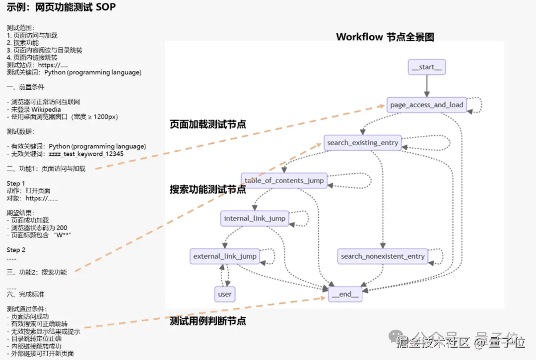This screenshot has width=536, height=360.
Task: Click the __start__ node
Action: click(x=426, y=67)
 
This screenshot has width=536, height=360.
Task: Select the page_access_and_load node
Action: click(x=426, y=105)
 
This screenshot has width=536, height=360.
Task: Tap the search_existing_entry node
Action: click(x=362, y=143)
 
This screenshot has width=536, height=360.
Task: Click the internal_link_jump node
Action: click(x=255, y=218)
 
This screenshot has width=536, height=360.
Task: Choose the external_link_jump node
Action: click(x=225, y=256)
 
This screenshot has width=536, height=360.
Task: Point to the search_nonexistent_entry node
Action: click(x=383, y=256)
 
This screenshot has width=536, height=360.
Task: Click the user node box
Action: click(x=225, y=294)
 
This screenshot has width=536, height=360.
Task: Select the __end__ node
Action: click(x=345, y=294)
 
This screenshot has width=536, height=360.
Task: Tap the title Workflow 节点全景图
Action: click(x=385, y=37)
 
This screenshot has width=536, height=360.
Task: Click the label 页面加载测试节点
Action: click(x=208, y=124)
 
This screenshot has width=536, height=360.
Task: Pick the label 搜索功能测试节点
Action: click(x=208, y=189)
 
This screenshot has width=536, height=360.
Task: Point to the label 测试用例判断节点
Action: click(x=208, y=321)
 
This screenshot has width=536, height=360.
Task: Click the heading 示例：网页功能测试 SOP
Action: click(x=61, y=7)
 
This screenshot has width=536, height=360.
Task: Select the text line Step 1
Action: click(x=16, y=183)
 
